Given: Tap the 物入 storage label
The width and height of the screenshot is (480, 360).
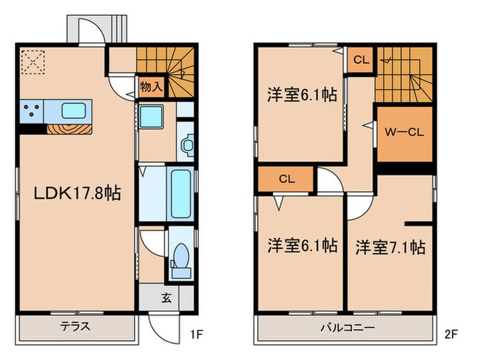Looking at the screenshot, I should click(x=151, y=86).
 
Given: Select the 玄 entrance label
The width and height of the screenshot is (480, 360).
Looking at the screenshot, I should click(x=167, y=298).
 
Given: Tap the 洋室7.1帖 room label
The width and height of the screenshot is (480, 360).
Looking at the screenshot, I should click(x=389, y=247).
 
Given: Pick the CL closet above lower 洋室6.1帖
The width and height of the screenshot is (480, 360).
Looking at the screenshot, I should click(x=286, y=180).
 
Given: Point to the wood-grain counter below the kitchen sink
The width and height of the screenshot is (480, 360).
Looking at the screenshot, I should click(x=69, y=128).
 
